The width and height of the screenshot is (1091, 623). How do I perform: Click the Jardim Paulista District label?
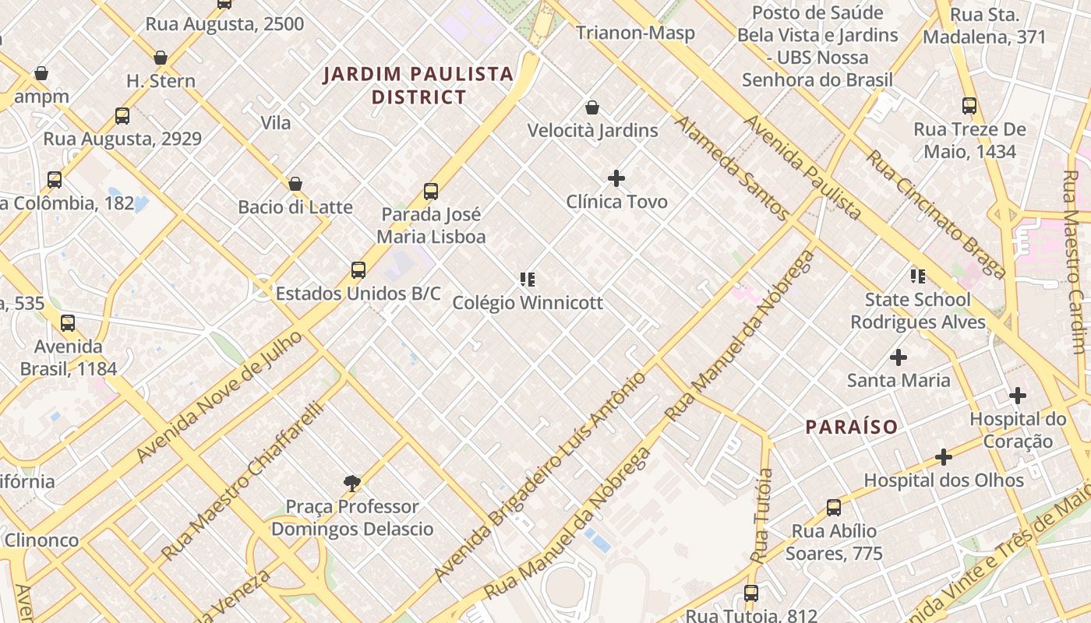(418, 86)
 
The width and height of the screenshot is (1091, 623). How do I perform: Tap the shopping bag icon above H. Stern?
(161, 58)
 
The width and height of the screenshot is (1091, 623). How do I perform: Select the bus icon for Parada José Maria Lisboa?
(431, 191)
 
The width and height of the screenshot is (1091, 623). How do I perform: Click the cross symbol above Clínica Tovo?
(616, 178)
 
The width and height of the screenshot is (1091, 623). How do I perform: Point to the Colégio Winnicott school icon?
(528, 279)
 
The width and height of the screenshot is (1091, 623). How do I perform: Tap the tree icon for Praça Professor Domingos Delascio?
(352, 484)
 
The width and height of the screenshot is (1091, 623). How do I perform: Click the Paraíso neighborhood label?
(851, 427)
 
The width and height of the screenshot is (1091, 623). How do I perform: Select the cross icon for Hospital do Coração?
(1017, 396)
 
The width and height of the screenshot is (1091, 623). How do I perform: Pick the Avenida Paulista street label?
(803, 168)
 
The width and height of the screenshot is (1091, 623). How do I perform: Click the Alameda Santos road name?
(731, 167)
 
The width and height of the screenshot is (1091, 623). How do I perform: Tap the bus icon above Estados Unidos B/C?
(358, 270)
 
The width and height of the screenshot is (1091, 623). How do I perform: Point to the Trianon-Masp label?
(635, 33)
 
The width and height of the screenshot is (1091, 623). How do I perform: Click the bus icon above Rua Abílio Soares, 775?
(834, 508)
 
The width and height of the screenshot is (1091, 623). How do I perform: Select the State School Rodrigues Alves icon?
(918, 276)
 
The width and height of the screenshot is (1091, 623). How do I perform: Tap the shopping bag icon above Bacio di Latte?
(295, 184)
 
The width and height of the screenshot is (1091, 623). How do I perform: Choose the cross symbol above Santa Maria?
(899, 357)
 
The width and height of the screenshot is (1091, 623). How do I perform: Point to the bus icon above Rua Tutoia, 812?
(751, 593)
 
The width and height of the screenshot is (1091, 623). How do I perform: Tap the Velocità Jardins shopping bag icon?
(592, 107)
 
